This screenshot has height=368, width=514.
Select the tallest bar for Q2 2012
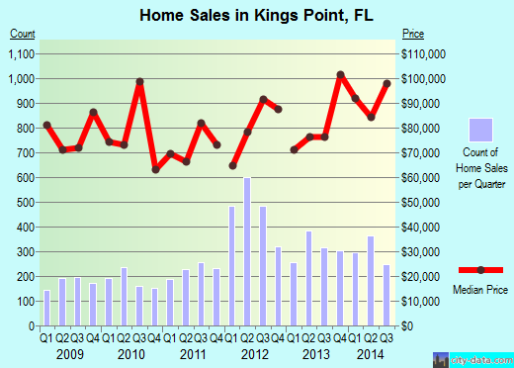(x=247, y=251)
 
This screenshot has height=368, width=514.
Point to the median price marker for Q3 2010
(x=140, y=81)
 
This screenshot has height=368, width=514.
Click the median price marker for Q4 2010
(x=155, y=169)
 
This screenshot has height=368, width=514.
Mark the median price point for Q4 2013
(x=340, y=75)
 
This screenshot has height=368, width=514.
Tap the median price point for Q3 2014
(x=386, y=84)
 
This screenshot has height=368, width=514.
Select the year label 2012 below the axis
(x=255, y=353)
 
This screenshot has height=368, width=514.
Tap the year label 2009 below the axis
(x=69, y=353)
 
